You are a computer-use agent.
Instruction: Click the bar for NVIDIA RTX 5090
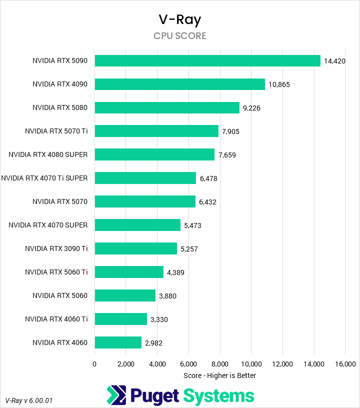[207, 60]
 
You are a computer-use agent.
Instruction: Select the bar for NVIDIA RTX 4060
[118, 342]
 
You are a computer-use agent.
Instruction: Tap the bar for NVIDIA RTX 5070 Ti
[156, 131]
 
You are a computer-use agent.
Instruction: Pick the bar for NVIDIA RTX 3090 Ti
[136, 248]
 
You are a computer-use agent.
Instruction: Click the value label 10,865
[279, 84]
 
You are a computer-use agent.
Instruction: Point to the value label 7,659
[227, 155]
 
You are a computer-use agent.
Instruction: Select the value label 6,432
[207, 202]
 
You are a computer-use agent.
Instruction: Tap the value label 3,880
[167, 296]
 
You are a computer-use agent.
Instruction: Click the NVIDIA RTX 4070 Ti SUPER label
[44, 178]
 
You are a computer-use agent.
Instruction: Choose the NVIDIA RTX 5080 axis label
[60, 107]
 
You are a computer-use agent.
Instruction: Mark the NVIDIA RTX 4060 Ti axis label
[56, 319]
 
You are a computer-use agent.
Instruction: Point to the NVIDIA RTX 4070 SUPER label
[48, 225]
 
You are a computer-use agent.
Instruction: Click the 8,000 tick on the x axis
[220, 363]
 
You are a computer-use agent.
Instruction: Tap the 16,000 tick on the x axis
[345, 363]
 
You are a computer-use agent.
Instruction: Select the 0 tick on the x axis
[94, 363]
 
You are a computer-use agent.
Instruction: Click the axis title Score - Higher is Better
[219, 375]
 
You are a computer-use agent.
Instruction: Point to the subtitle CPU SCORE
[179, 36]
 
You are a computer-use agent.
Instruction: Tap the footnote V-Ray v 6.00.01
[29, 400]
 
